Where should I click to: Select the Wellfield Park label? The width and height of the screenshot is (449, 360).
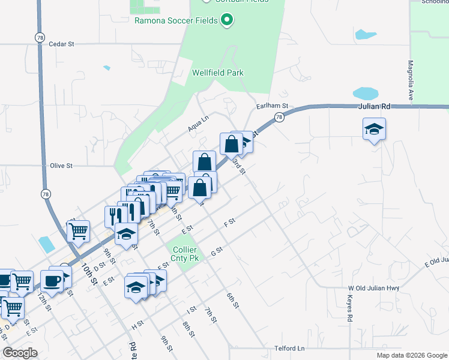click(x=217, y=73)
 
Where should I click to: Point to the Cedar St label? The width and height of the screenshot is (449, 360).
click(x=61, y=44)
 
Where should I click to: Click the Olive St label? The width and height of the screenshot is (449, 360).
click(x=61, y=165)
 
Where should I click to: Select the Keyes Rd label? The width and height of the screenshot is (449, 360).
click(x=350, y=308)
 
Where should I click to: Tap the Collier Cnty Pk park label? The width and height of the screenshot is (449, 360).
click(x=185, y=254)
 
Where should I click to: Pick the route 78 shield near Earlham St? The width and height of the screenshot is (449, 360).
click(x=279, y=118)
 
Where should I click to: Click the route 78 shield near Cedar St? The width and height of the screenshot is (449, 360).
click(x=39, y=37)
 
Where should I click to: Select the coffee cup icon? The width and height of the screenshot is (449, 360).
click(x=52, y=280)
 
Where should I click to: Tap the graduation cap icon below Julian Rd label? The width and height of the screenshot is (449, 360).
click(x=374, y=128)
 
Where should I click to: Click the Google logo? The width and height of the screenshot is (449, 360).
click(x=20, y=353)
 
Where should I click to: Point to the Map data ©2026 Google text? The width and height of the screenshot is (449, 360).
click(x=411, y=355)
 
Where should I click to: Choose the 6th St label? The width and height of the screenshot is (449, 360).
click(x=233, y=301)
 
